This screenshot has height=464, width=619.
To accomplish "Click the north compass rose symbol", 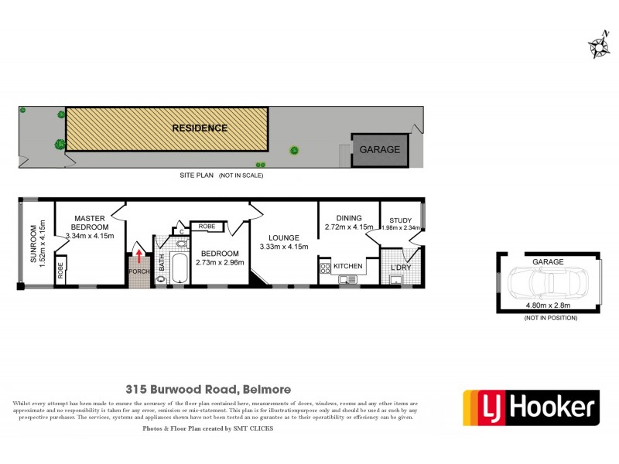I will pos(598,46).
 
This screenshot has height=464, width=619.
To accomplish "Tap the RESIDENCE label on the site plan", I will pos(200,128).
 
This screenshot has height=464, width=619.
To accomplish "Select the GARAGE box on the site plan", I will pos(379,149).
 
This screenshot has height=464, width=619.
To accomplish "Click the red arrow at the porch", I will pos(139,249).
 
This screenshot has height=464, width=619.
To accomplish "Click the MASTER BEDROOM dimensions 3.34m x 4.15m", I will pos(90,236).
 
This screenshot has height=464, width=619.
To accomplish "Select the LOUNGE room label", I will pos(283,237).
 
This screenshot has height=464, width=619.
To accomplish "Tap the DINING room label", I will pos(340,218).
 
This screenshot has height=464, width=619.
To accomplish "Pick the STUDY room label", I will pos(401,219).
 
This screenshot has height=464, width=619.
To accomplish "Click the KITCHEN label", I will pos(348,267).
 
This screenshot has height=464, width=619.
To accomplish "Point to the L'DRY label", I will pos(400,268).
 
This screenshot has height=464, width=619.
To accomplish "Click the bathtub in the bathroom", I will pos(180,268).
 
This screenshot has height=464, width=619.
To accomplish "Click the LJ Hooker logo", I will pos(531,408).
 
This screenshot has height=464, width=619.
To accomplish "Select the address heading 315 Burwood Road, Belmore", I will pos(209,390).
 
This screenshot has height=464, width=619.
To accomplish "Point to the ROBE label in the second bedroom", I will pos(207,227).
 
